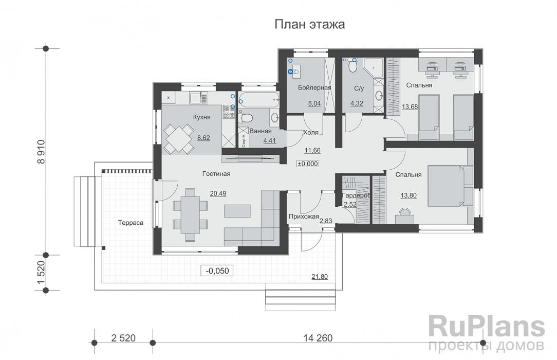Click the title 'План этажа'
[309, 24]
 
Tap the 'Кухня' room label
[201, 117]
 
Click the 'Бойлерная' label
[314, 87]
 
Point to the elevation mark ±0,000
[308, 164]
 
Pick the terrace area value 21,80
[319, 277]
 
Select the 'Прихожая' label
[303, 217]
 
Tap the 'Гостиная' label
[216, 174]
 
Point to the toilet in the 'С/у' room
[353, 66]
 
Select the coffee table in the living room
[237, 211]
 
